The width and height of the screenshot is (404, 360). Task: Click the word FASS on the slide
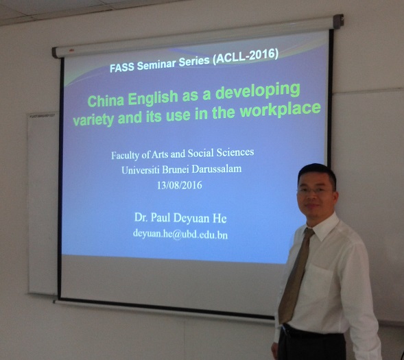coord(122,67)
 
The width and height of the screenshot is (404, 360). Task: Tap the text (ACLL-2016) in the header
coord(247,56)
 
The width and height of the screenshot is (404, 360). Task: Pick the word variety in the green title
coord(93,119)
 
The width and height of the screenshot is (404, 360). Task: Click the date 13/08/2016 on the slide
coord(180,185)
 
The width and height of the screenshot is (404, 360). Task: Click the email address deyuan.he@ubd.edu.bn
coord(180,235)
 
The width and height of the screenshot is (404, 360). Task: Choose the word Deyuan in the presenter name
coord(191,218)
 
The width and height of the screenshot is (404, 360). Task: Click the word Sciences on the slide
coord(235,152)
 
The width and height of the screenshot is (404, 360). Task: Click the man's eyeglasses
coord(315,191)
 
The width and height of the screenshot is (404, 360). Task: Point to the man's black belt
coord(313,331)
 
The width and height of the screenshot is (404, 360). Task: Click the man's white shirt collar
coord(323,227)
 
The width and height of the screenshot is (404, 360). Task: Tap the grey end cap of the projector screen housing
coord(338,21)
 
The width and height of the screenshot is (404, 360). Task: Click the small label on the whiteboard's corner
coord(43,116)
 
